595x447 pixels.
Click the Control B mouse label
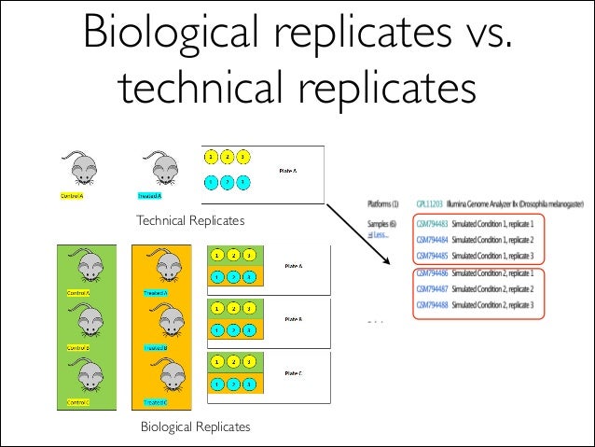77,348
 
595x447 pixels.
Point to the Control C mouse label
77,402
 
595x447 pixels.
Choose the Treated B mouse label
154,348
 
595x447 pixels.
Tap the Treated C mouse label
154,402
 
